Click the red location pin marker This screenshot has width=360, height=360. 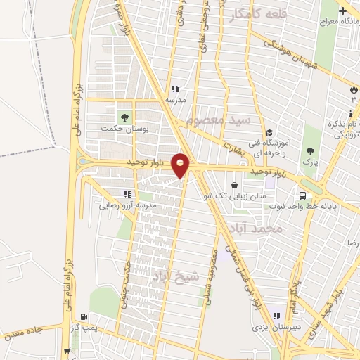181,165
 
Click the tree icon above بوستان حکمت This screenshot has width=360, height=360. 124,116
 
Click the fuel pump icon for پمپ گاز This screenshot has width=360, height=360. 85,317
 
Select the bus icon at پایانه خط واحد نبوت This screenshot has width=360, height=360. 303,195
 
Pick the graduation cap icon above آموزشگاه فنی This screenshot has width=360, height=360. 269,133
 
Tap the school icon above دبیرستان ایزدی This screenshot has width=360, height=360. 277,315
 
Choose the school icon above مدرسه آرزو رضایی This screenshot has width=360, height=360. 127,193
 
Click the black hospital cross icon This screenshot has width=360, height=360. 342,11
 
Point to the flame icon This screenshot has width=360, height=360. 353,90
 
